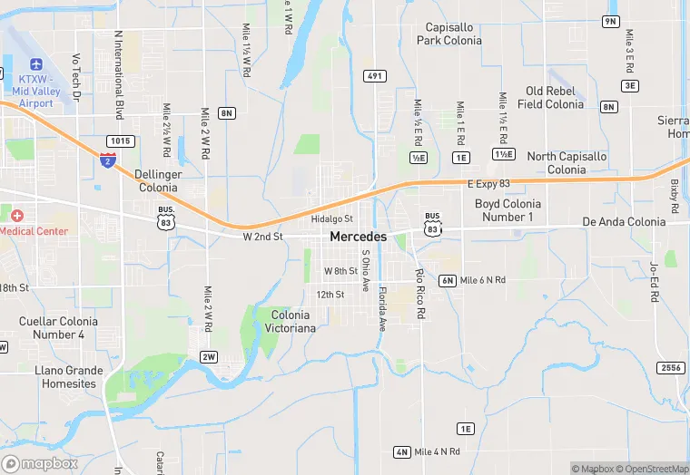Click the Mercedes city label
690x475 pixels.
tap(358, 237)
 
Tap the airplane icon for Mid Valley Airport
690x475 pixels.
tap(36, 65)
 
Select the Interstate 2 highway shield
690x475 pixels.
tap(108, 160)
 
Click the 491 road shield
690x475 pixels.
tap(374, 76)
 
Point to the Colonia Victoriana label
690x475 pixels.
tap(292, 321)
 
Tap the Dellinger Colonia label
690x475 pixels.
tap(158, 180)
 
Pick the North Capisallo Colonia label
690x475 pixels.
tap(567, 163)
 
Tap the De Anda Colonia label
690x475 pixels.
tap(624, 222)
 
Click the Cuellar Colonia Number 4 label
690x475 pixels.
tap(58, 328)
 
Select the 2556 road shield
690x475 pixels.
tap(670, 367)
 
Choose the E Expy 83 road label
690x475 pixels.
tap(489, 184)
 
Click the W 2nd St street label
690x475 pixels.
tap(263, 237)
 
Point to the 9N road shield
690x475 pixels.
tap(610, 21)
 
